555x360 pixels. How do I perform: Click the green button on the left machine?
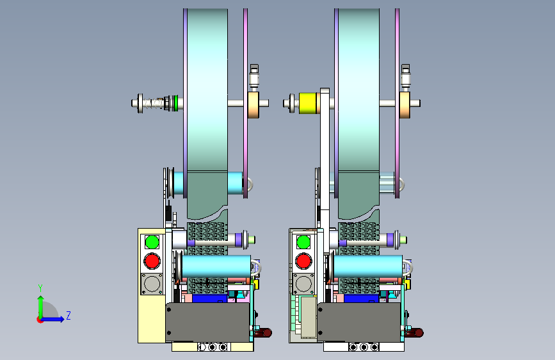click(x=152, y=242)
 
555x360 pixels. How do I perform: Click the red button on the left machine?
click(x=152, y=261)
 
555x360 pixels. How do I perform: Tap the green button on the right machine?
click(x=303, y=242)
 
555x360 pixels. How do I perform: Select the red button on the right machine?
click(x=303, y=261)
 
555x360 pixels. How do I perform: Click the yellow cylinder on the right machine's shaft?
click(x=307, y=103)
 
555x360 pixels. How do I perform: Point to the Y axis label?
click(x=40, y=288)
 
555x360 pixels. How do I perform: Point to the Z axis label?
click(x=68, y=315)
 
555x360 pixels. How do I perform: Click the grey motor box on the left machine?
click(x=208, y=322)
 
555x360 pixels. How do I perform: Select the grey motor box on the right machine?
click(x=359, y=322)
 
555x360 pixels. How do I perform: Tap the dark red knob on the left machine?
click(x=263, y=332)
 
